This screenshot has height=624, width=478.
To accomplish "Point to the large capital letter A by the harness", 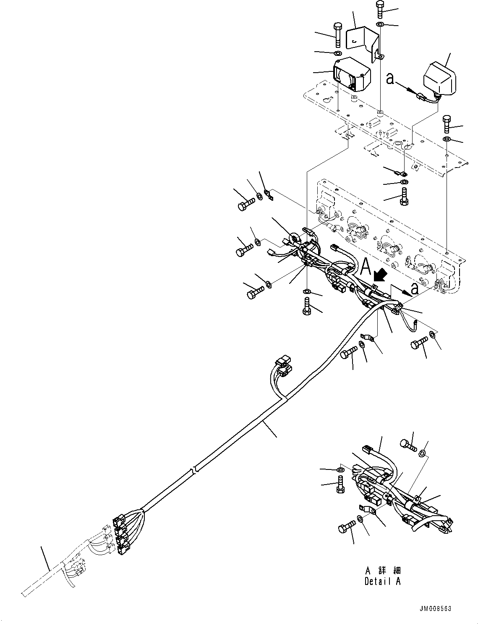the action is click(366, 266).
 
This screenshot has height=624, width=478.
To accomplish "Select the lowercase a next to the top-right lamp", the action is click(390, 79).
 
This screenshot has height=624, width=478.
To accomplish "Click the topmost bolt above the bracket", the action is click(379, 10).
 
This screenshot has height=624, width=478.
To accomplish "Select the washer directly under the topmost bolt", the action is click(380, 24).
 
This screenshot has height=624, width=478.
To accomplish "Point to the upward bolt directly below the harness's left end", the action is click(307, 307).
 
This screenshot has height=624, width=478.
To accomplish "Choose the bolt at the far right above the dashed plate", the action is click(447, 124).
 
